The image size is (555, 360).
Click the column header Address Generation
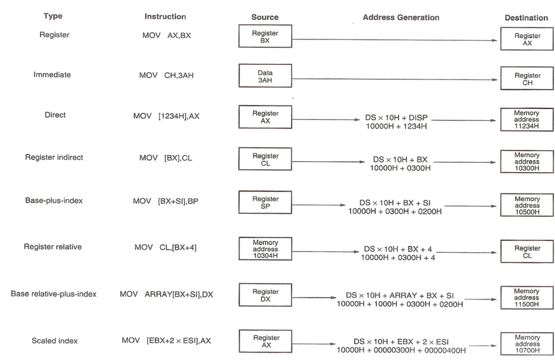point(401,18)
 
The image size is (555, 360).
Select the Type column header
point(53,16)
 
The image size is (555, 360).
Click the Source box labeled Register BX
point(264,36)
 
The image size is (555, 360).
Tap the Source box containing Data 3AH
point(264,76)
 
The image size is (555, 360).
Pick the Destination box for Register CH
point(527,79)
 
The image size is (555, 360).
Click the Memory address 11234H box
point(526,120)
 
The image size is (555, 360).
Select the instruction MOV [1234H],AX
point(166,116)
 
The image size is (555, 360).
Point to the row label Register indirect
point(54,158)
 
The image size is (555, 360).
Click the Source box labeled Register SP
point(264,203)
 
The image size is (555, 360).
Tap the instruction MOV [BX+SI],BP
point(166,201)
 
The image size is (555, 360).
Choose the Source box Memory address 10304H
point(264,249)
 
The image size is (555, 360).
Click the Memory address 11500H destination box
point(526,298)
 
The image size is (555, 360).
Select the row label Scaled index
point(54,341)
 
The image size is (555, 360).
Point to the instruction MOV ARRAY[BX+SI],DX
point(167,294)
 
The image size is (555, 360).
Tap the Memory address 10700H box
point(526,344)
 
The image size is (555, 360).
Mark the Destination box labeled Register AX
point(527,40)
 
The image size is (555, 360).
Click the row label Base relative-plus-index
point(54,294)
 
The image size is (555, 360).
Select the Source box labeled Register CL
point(264,160)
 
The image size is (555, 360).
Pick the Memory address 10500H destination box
point(526,205)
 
